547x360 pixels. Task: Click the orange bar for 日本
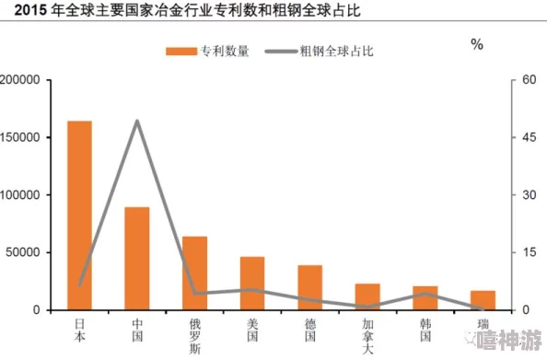pyautogui.click(x=79, y=215)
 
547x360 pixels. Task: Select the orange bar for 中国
pyautogui.click(x=137, y=259)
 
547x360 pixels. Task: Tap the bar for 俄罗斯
pyautogui.click(x=194, y=273)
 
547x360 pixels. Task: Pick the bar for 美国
pyautogui.click(x=252, y=284)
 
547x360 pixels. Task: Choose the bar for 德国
pyautogui.click(x=309, y=287)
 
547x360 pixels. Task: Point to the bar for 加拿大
pyautogui.click(x=367, y=296)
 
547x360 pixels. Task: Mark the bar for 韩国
pyautogui.click(x=425, y=298)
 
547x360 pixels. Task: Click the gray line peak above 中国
pyautogui.click(x=137, y=121)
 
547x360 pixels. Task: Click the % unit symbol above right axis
pyautogui.click(x=477, y=45)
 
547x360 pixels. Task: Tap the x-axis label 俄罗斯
pyautogui.click(x=194, y=335)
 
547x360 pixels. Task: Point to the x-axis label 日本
pyautogui.click(x=79, y=330)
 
